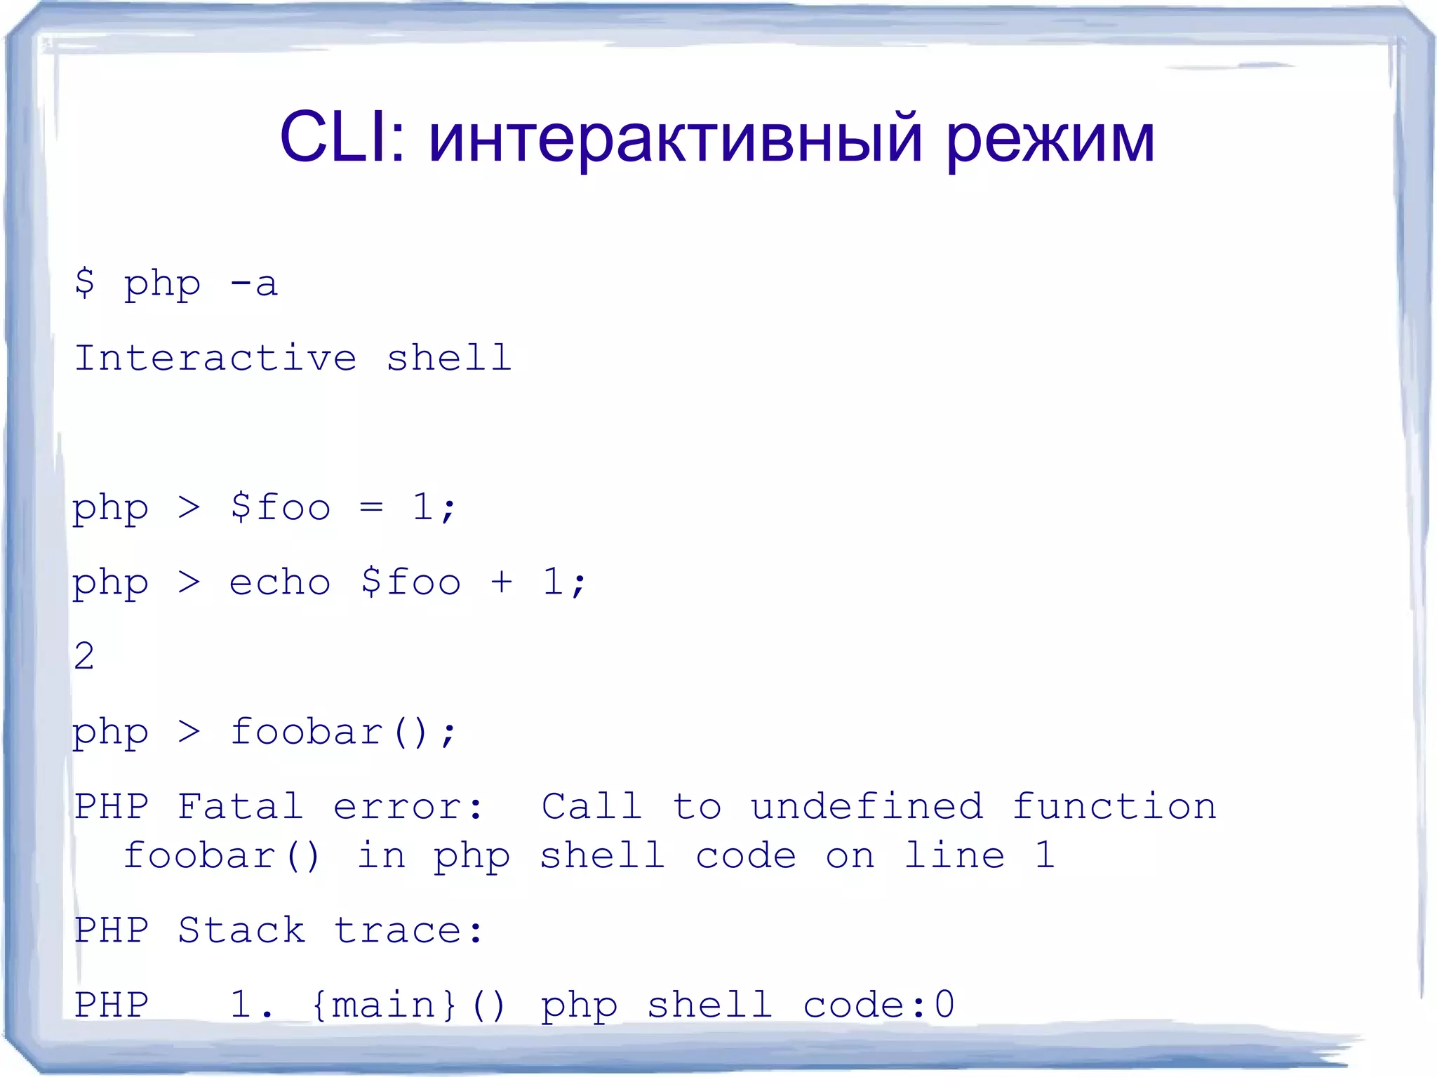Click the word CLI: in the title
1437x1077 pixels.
point(342,138)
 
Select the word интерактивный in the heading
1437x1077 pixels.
point(674,139)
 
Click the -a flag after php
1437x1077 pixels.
point(253,284)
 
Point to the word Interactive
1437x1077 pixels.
point(215,358)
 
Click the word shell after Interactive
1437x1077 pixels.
point(448,358)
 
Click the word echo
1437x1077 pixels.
point(279,582)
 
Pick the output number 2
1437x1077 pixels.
point(84,656)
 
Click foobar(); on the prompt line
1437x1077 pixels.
point(343,732)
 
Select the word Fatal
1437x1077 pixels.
point(240,806)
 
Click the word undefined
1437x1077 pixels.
point(867,806)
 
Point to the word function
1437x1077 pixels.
point(1114,806)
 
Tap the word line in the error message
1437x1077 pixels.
point(954,855)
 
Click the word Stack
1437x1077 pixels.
point(241,930)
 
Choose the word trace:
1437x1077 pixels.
point(408,930)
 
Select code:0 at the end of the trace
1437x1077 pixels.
point(878,1005)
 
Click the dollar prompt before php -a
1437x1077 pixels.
point(84,283)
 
